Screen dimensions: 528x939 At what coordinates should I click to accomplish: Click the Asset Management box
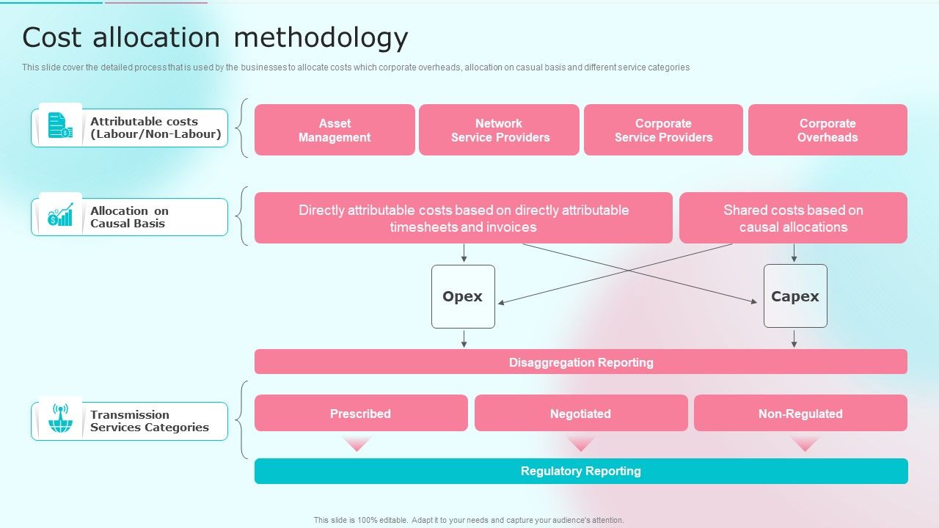(335, 130)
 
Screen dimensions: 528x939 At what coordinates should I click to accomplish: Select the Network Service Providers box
(499, 130)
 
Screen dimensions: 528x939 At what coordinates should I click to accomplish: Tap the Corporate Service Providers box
(663, 130)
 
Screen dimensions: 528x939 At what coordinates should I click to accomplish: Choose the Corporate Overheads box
(827, 130)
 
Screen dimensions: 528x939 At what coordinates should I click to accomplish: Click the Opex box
(463, 296)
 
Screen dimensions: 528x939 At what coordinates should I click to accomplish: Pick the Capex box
(795, 296)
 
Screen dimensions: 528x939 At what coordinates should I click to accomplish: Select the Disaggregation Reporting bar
(580, 362)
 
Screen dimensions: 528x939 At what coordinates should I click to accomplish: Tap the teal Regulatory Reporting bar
(580, 471)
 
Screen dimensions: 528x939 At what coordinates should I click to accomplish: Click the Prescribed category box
(360, 414)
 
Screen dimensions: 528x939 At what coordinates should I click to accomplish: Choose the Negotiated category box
(580, 414)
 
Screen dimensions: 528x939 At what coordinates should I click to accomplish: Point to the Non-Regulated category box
(800, 414)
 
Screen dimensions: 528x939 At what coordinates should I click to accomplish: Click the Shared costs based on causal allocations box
(793, 218)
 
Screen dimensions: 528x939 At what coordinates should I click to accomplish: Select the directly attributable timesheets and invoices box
(463, 218)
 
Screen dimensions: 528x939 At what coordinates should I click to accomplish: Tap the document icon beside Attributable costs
(60, 125)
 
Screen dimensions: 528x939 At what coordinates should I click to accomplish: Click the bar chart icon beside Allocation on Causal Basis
(60, 214)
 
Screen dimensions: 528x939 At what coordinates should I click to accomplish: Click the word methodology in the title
(321, 37)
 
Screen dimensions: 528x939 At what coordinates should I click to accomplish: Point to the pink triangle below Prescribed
(357, 443)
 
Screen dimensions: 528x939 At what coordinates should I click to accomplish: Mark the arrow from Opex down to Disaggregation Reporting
(464, 338)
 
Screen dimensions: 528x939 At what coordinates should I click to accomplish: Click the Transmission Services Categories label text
(149, 421)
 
